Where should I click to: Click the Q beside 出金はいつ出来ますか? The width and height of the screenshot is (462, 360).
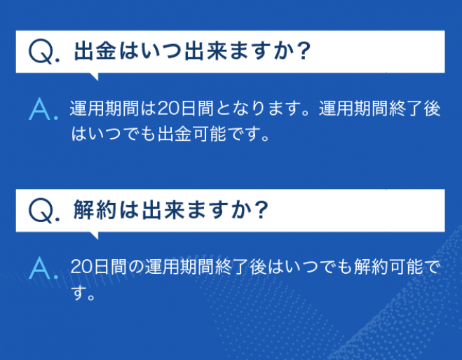[x=41, y=52]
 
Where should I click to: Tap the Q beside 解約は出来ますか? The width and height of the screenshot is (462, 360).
[x=41, y=210]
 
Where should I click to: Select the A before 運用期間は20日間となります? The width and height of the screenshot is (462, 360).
[x=39, y=109]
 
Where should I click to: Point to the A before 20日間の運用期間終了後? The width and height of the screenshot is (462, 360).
[x=39, y=268]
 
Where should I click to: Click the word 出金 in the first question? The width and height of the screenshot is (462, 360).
[x=95, y=51]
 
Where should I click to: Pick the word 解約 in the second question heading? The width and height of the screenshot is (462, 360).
[x=94, y=210]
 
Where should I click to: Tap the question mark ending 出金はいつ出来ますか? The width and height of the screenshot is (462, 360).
[x=303, y=51]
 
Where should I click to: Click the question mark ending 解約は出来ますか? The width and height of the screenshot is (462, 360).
[x=261, y=210]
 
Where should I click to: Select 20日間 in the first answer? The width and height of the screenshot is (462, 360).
[x=185, y=109]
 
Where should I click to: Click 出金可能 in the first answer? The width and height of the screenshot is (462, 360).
[x=192, y=134]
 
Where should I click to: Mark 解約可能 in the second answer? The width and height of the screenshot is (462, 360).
[x=388, y=267]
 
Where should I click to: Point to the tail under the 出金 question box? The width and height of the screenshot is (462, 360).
[x=94, y=76]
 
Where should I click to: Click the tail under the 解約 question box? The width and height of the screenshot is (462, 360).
[x=94, y=235]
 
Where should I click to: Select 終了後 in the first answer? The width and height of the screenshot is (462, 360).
[x=414, y=109]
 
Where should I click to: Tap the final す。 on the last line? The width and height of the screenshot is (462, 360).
[x=83, y=293]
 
